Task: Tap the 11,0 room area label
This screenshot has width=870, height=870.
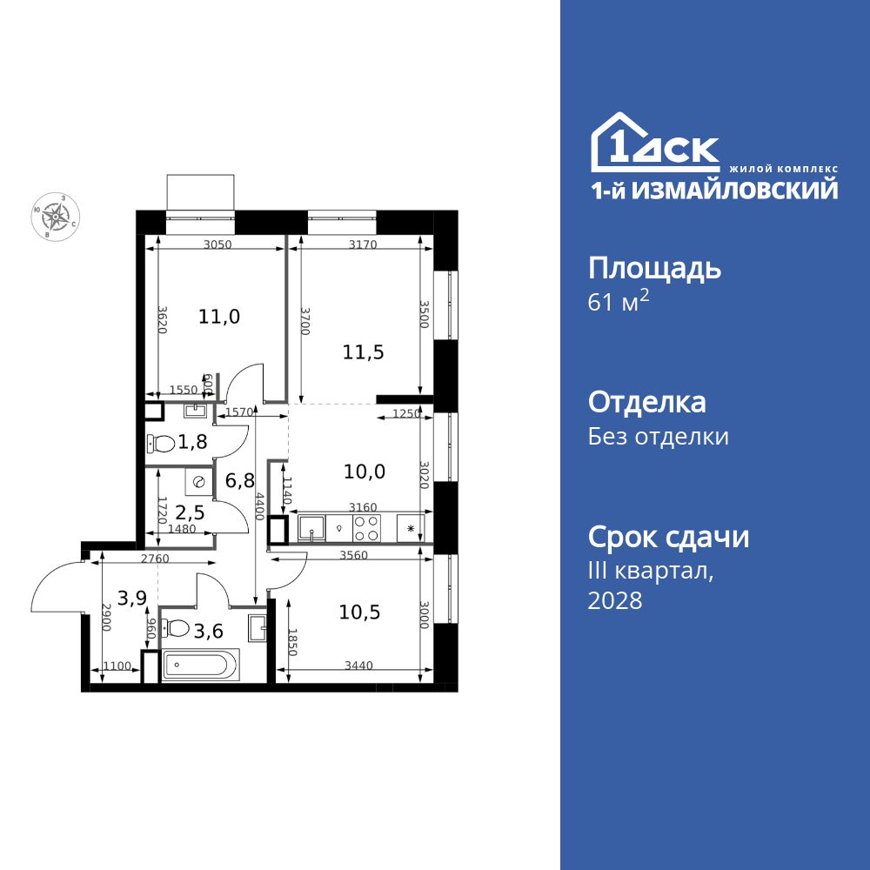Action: click(218, 317)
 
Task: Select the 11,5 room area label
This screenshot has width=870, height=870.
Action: click(364, 352)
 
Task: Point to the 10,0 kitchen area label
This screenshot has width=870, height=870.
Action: click(365, 472)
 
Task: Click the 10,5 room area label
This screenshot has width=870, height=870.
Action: click(360, 612)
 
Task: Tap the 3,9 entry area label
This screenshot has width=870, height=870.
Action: click(132, 598)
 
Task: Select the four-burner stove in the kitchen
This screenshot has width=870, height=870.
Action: click(365, 527)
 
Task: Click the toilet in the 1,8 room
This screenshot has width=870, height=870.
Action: click(162, 443)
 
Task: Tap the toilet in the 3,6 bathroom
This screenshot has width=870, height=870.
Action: click(177, 627)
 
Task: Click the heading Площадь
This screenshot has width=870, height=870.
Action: click(654, 268)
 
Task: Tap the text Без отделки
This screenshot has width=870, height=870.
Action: click(659, 437)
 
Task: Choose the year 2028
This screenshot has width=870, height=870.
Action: click(615, 600)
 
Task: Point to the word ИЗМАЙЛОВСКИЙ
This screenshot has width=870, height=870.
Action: click(739, 190)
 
